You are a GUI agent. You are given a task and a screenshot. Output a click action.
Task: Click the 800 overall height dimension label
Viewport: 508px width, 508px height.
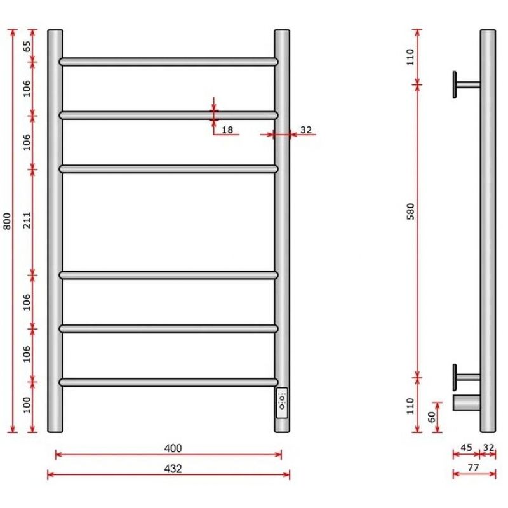(7, 221)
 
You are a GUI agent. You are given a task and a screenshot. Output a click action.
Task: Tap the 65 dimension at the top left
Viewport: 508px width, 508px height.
(27, 46)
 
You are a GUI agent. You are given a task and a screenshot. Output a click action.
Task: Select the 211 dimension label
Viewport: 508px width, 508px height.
(27, 220)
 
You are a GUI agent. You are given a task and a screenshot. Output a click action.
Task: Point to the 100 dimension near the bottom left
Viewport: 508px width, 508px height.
(27, 404)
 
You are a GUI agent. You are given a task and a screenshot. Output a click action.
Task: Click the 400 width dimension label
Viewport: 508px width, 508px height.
(173, 448)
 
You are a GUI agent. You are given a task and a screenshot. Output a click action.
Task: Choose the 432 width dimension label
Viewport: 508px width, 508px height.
(173, 469)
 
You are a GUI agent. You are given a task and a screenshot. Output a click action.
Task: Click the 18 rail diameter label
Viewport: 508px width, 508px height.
(227, 130)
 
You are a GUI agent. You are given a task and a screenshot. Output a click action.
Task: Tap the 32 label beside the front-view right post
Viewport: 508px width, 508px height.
(306, 130)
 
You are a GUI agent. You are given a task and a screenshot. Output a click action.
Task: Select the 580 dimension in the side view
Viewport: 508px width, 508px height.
(410, 211)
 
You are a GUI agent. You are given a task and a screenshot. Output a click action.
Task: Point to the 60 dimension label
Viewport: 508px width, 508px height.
(432, 417)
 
